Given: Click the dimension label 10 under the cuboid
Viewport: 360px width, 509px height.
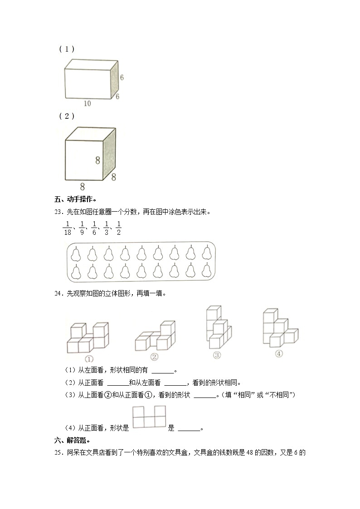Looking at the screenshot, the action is point(87,103).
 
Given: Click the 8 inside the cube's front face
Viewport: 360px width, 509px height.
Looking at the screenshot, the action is point(97,160).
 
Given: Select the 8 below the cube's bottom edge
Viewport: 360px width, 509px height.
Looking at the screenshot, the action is point(82,186).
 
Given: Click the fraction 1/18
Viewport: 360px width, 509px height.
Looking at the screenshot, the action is point(66,228).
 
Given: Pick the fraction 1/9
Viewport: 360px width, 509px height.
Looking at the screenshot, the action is point(82,228).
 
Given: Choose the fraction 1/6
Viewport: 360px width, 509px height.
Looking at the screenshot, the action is point(94,228).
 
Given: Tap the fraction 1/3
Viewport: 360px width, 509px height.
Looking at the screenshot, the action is point(106,228).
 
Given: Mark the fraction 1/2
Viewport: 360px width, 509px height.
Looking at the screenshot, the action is point(118,228).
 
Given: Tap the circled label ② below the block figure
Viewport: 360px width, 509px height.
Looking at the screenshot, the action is point(154,357).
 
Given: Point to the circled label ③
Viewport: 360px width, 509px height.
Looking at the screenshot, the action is point(217,355).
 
